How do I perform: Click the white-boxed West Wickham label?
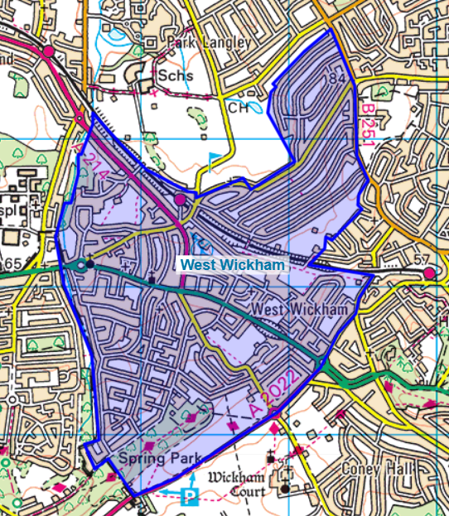click(233, 265)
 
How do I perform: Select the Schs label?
click(177, 75)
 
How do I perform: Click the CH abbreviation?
click(238, 107)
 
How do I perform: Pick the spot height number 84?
click(336, 79)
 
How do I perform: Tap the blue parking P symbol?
click(191, 496)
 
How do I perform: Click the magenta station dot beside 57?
click(428, 274)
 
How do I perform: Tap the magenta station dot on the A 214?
click(181, 200)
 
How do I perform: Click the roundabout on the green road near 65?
click(81, 265)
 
